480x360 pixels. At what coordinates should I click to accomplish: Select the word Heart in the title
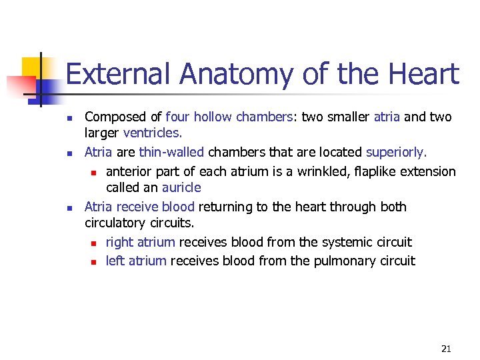419,74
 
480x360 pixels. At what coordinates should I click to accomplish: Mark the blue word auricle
181,188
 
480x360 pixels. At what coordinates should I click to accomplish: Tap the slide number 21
446,349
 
